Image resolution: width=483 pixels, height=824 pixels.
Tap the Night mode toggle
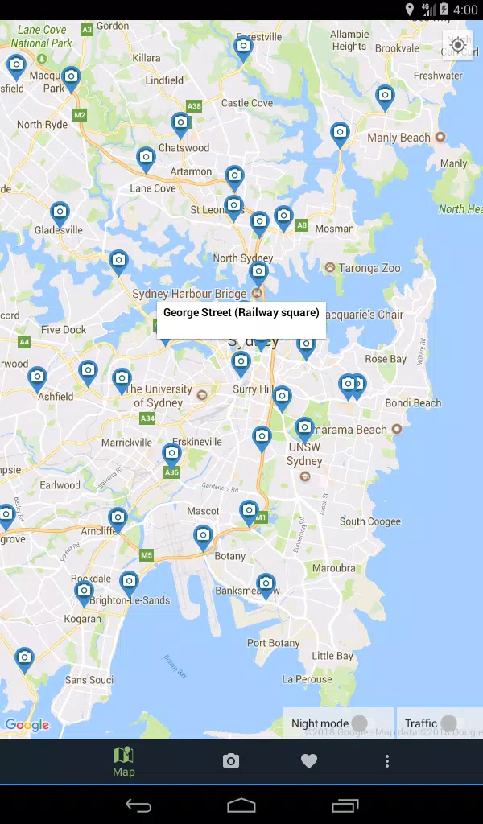point(359,723)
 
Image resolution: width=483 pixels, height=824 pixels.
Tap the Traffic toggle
point(448,723)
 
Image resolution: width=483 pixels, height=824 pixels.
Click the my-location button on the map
point(458,45)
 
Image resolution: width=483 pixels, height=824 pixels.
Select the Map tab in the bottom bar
point(124,761)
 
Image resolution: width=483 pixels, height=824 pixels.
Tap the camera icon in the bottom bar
point(231,761)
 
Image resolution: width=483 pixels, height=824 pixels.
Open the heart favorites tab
point(309,761)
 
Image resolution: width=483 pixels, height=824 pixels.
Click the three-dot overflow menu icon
point(387,761)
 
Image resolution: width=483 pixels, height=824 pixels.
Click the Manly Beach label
point(398,138)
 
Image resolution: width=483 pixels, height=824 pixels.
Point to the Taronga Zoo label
point(369,268)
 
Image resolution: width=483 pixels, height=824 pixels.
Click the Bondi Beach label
point(413,402)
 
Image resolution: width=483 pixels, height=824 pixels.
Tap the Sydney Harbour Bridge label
point(189,294)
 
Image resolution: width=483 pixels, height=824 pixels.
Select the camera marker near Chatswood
point(180,124)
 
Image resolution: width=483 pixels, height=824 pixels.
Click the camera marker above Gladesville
point(60,213)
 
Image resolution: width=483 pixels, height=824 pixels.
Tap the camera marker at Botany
point(203,535)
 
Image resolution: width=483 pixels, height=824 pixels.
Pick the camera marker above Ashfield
point(37,377)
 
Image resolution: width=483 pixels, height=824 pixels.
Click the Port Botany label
point(273,643)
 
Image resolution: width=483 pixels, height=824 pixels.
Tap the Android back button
point(138,805)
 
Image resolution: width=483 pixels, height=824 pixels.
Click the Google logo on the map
point(27,725)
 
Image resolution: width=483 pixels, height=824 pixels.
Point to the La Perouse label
point(307,678)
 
